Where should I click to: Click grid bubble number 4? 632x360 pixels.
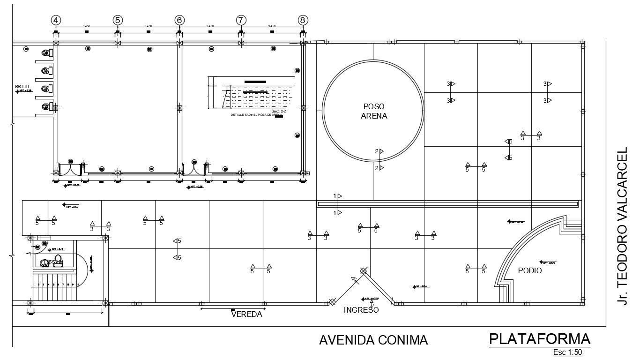pos(56,20)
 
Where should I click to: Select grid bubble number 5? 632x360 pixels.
pos(118,20)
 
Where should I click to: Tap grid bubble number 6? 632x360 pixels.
pos(179,20)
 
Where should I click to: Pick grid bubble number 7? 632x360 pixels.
pos(241,20)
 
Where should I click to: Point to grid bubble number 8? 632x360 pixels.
pos(303,20)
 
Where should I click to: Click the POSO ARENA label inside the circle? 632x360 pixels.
pos(374,112)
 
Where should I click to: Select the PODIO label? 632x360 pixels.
pos(530,271)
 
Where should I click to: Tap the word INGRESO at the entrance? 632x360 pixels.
pos(361,310)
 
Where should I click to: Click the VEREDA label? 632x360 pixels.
pos(246,315)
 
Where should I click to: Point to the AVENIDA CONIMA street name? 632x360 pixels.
pos(373,340)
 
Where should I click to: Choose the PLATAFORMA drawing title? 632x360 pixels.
pos(540,339)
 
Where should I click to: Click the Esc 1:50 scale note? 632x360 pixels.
pos(567,352)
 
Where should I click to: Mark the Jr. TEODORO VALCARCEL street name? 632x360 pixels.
pos(622,226)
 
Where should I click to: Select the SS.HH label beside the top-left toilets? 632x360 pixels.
pos(22,87)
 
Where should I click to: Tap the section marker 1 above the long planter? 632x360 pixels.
pos(337,196)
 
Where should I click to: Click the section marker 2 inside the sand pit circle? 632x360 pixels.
pos(379,151)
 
